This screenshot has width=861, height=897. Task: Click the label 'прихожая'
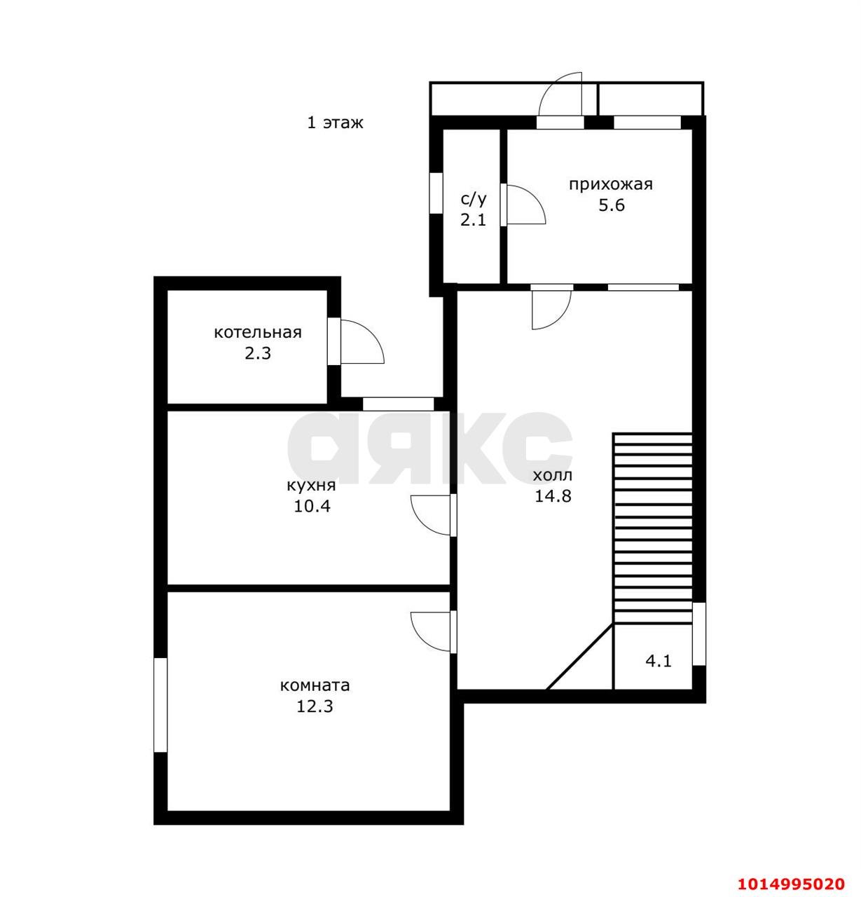pos(611,185)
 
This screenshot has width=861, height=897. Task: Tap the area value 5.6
pos(611,205)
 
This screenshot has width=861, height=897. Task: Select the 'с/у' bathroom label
pos(474,199)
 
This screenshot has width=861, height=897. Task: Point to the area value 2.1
pos(474,220)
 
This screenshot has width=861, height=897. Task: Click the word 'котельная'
pos(258,332)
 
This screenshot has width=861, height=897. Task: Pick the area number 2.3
pos(258,354)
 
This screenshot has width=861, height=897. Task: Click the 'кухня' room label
pos(311,486)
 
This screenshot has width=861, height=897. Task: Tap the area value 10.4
pos(312,507)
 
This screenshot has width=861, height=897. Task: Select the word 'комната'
pos(315,685)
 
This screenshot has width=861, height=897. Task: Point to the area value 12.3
pos(315,706)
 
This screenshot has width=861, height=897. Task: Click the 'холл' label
pos(553,475)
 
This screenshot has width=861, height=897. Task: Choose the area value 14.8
pos(553,496)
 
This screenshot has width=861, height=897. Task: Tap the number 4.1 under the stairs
pos(659,662)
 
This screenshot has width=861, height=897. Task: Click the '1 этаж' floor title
pos(336,123)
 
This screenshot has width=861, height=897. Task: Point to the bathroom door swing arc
pos(535,198)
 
